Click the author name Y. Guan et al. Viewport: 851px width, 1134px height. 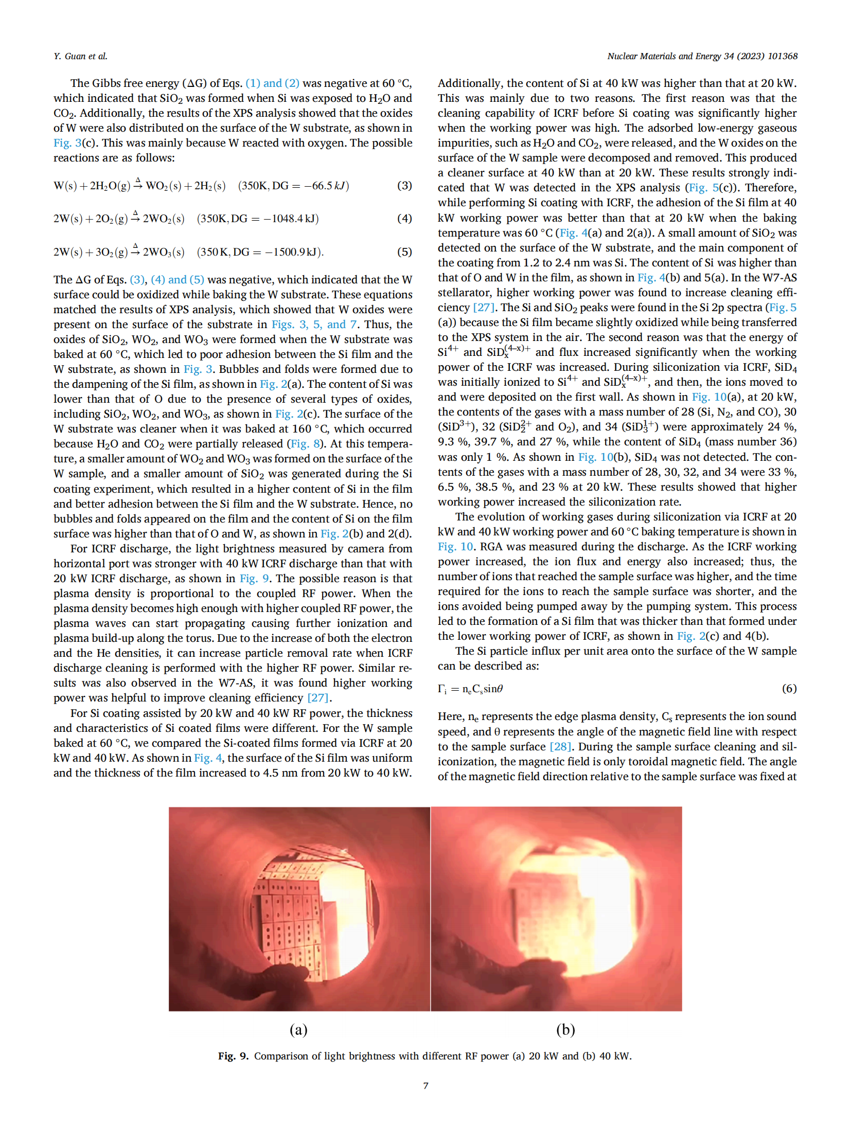80,56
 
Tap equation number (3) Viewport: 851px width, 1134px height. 404,186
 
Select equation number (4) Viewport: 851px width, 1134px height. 404,219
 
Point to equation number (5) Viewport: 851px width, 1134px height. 404,252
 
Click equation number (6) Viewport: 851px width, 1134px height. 789,689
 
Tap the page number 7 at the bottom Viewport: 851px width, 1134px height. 426,1086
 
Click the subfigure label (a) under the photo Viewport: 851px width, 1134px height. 298,1030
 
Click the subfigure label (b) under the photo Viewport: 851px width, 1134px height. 565,1030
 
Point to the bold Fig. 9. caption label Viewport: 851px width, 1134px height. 233,1056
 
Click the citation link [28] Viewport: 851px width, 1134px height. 560,747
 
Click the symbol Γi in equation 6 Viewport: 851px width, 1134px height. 442,689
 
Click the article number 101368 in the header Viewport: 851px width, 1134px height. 782,56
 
